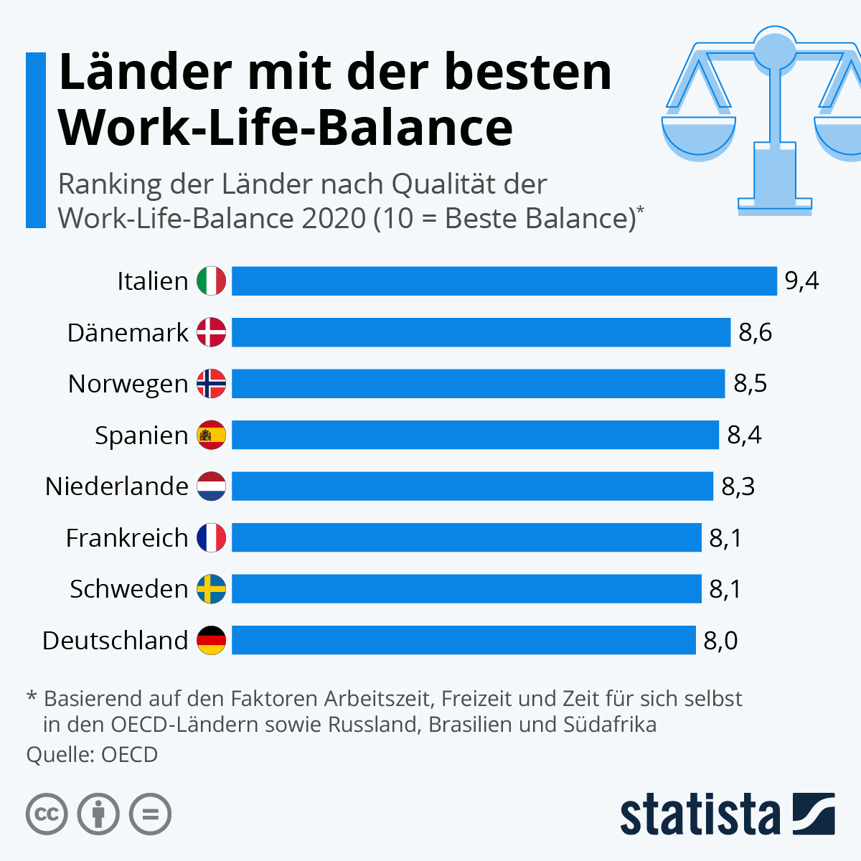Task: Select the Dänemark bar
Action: (x=481, y=332)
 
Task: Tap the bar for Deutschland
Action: (x=464, y=640)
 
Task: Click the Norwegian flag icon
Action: (x=212, y=384)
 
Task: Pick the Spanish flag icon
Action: (x=212, y=435)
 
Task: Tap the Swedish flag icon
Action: (x=212, y=589)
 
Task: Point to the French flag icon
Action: (x=212, y=537)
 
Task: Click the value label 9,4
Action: (x=801, y=281)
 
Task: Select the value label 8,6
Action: (x=755, y=333)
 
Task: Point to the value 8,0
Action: (x=720, y=641)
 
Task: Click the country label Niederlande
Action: (x=116, y=486)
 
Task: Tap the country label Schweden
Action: (x=128, y=589)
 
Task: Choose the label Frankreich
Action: (x=126, y=537)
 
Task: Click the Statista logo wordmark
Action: (x=700, y=814)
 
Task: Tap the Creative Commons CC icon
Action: (x=47, y=814)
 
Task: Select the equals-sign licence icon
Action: (x=150, y=814)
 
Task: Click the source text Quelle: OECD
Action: (x=92, y=755)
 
